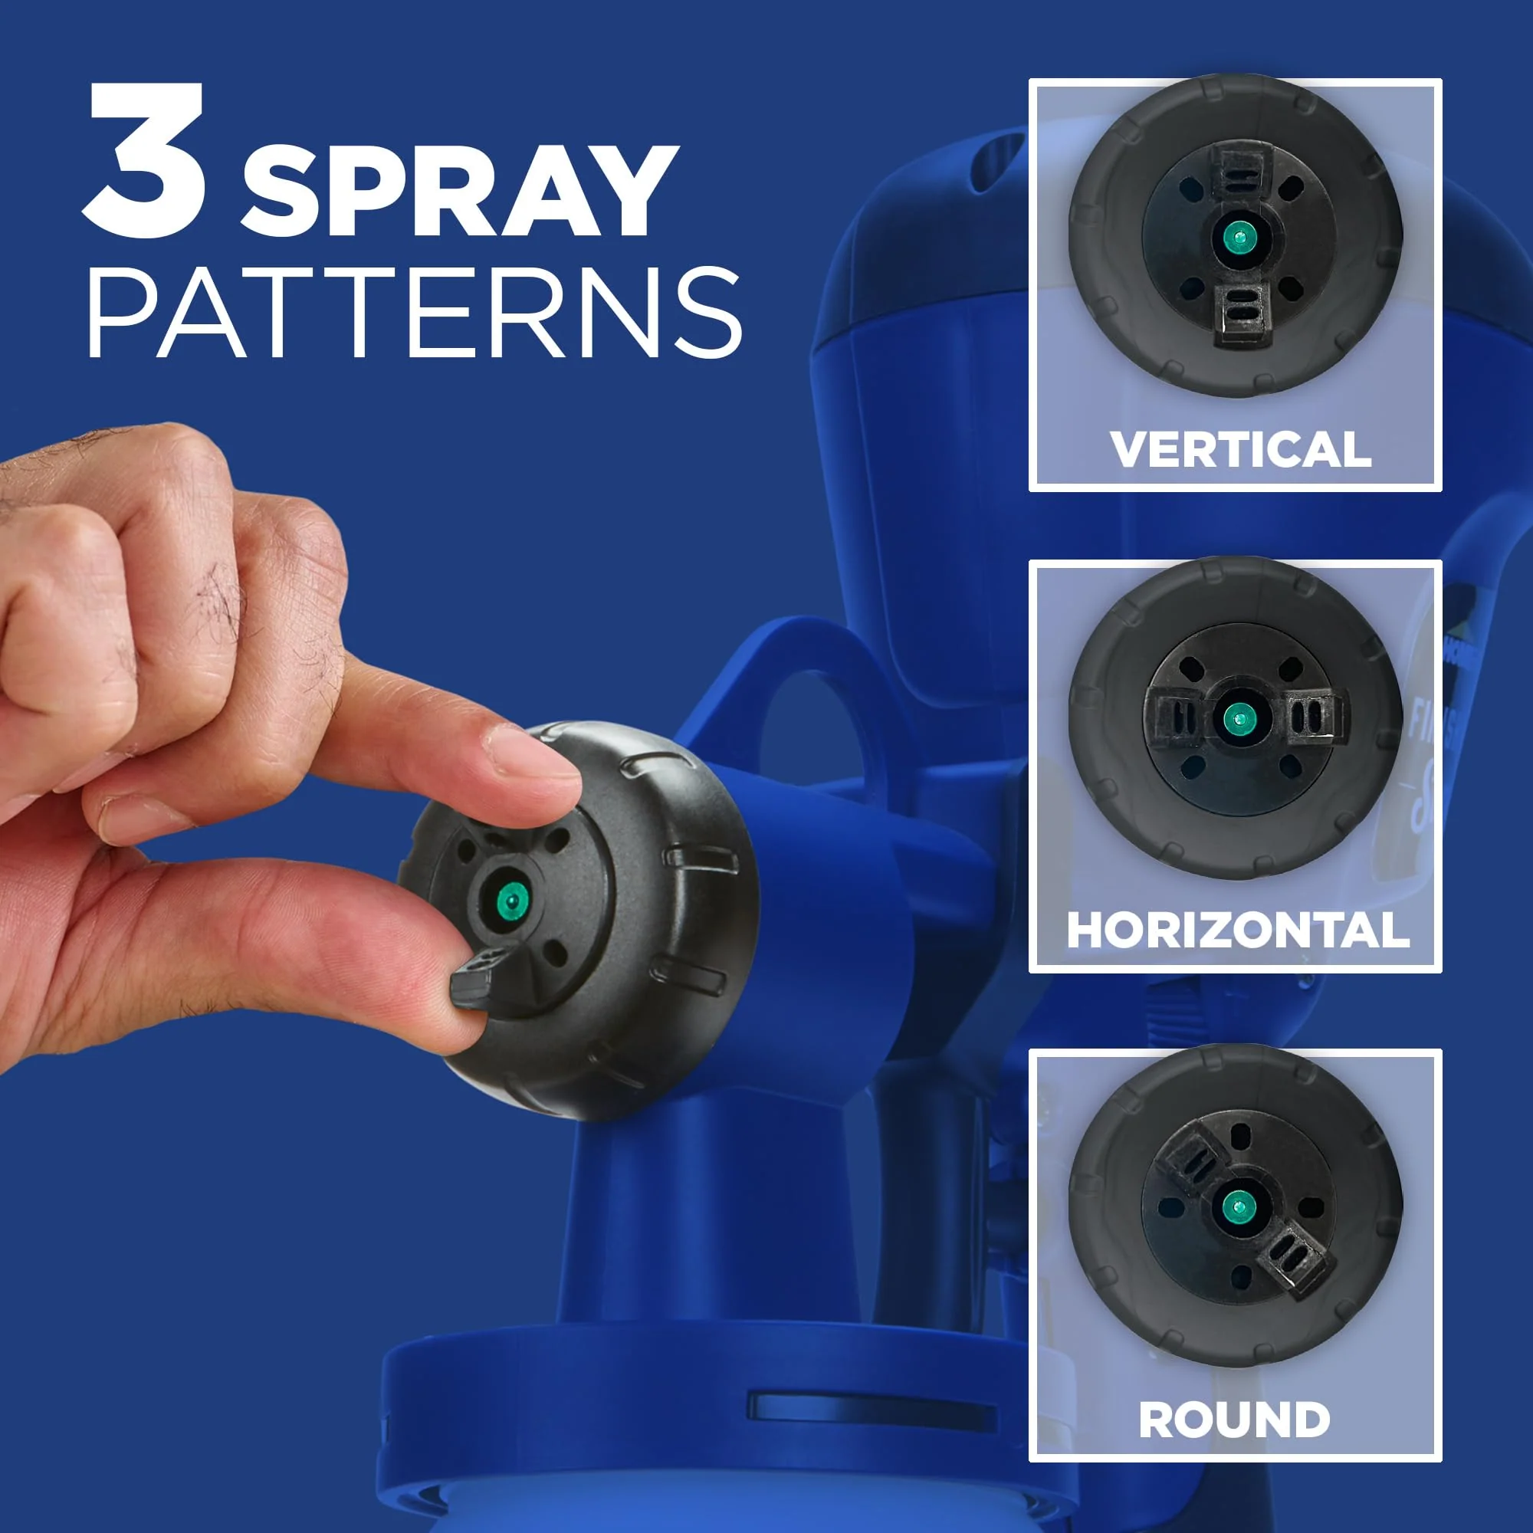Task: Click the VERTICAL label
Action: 1240,450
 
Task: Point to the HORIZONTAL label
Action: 1238,930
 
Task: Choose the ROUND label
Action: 1235,1419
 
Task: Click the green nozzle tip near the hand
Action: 512,900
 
